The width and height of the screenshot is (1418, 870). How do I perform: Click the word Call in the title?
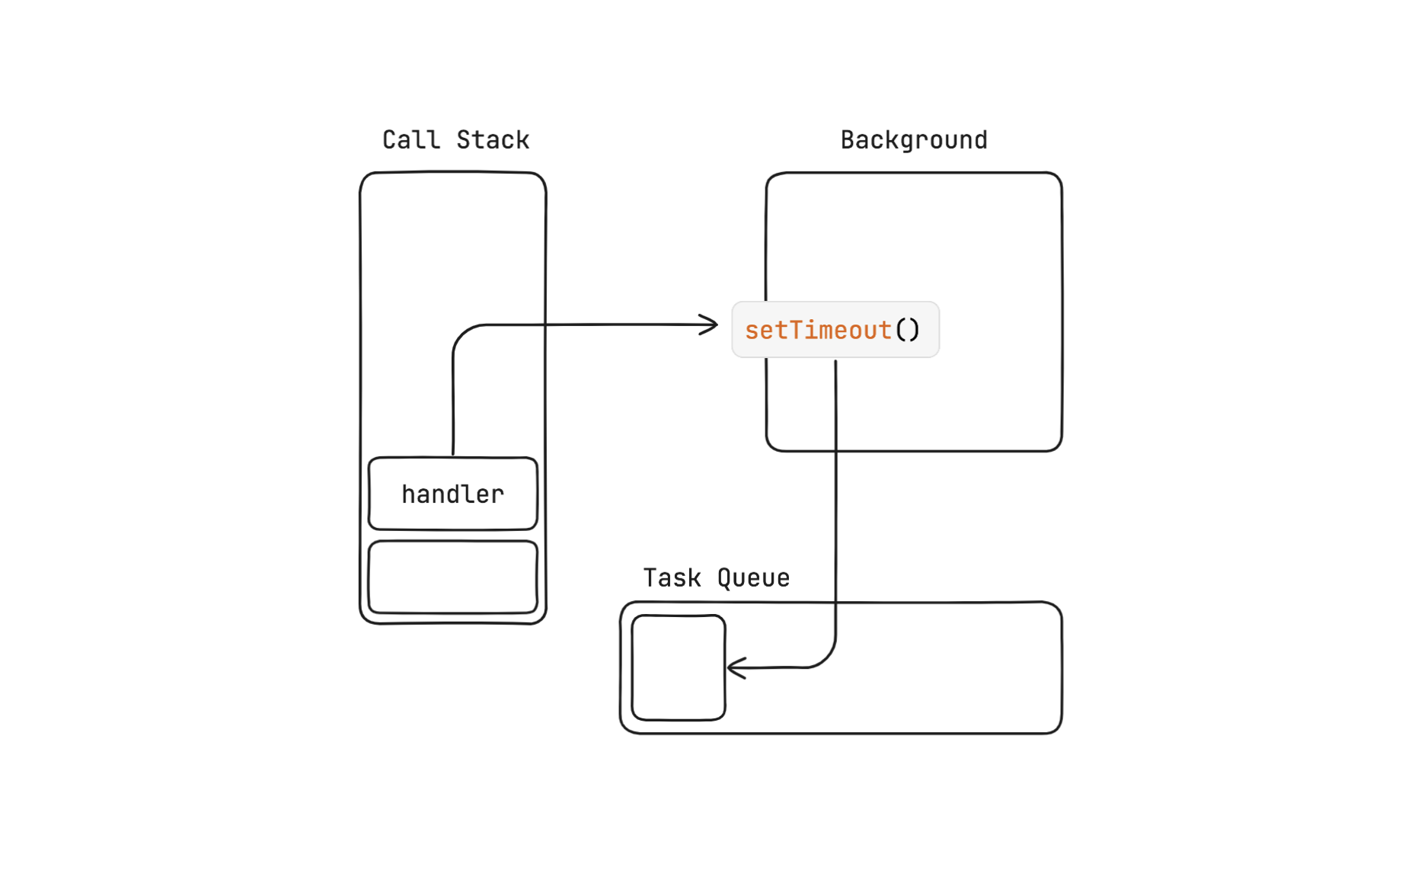tap(410, 140)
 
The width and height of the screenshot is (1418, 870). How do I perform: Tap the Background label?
tap(913, 140)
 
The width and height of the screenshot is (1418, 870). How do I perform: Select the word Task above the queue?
tap(672, 578)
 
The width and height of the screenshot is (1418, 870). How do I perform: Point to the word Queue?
tap(753, 578)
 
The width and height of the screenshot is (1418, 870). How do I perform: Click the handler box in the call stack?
tap(452, 493)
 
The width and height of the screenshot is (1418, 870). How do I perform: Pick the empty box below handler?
tap(452, 577)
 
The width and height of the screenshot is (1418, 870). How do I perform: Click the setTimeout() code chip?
tap(835, 330)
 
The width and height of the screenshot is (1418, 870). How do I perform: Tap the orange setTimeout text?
tap(817, 331)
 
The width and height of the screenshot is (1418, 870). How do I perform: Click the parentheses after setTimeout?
tap(907, 331)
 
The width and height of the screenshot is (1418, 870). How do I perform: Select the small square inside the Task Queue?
tap(678, 667)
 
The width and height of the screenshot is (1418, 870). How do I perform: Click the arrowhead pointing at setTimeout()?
tap(710, 325)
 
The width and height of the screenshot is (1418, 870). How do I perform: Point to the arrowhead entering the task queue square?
tap(736, 668)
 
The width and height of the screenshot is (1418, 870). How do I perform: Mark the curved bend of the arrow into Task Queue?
tap(826, 659)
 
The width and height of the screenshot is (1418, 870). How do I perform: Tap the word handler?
tap(452, 494)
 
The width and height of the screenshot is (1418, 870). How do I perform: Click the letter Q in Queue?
tap(724, 578)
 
